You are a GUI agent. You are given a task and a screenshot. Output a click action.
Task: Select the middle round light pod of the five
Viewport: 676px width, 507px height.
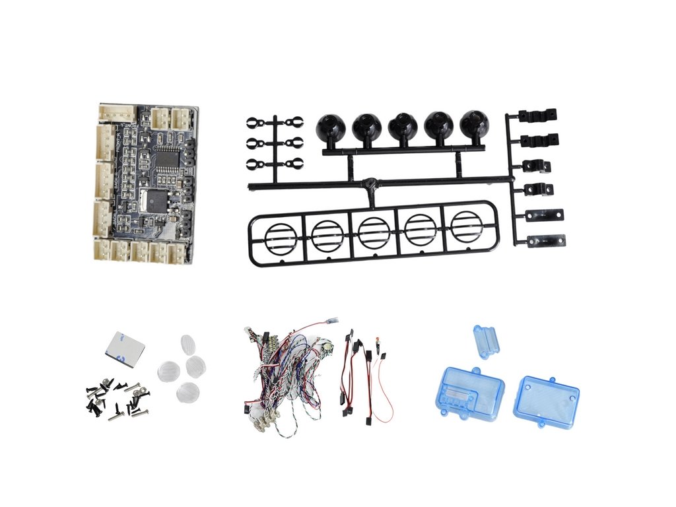point(402,126)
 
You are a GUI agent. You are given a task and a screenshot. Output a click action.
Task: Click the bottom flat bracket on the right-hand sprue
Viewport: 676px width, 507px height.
point(545,240)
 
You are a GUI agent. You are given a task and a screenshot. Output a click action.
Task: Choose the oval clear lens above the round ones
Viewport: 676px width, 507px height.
point(188,345)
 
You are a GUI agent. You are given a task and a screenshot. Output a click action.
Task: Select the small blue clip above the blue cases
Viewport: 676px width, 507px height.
point(487,340)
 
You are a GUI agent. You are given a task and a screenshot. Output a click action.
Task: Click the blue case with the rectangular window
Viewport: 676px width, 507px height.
point(469,392)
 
